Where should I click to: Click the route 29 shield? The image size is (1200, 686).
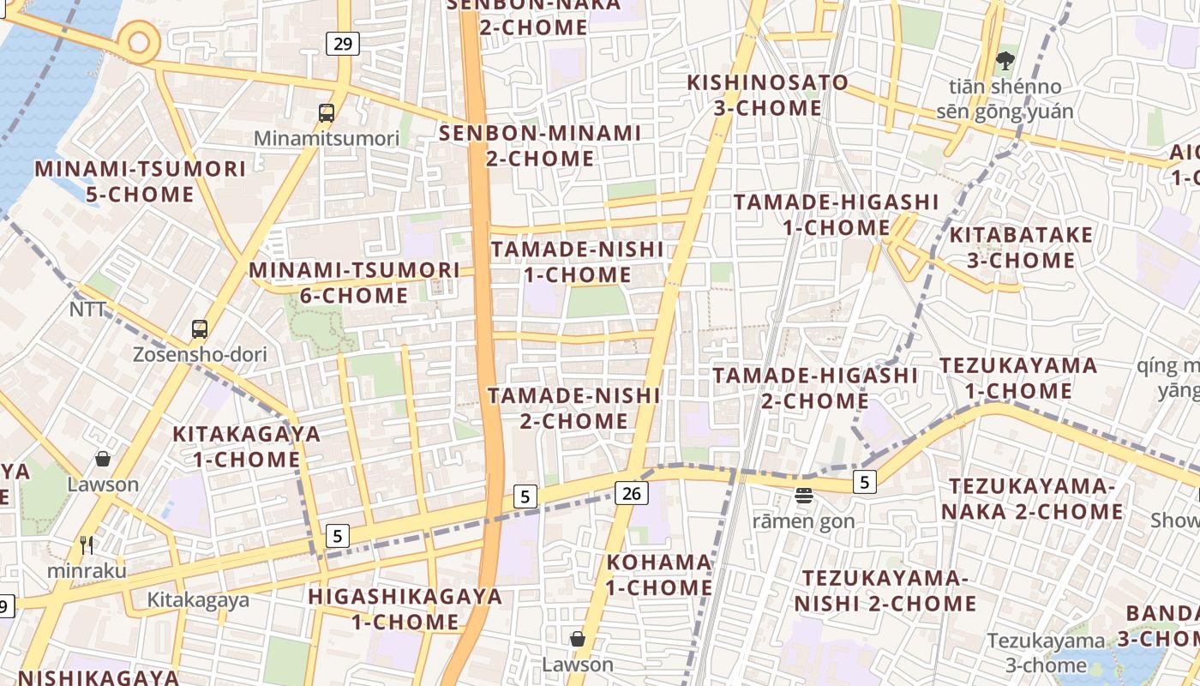click(x=342, y=43)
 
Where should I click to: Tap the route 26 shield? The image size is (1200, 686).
click(x=631, y=493)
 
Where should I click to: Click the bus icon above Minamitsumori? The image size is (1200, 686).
click(x=327, y=112)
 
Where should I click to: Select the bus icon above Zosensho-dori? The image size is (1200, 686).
click(x=200, y=328)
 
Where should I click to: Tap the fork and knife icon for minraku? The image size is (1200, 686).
click(x=87, y=545)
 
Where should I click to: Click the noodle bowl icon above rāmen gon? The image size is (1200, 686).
click(x=803, y=495)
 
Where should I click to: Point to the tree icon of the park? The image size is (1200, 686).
click(x=1005, y=61)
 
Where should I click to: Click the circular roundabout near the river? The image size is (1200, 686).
click(x=139, y=41)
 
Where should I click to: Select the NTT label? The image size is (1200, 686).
click(x=88, y=310)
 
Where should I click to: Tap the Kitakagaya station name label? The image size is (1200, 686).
click(x=198, y=599)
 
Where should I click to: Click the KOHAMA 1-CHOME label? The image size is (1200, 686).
click(x=659, y=575)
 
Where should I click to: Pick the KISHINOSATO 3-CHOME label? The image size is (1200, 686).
click(x=768, y=95)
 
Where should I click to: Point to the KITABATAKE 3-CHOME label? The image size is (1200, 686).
click(x=1021, y=247)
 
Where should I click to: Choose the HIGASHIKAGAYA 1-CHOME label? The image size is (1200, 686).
click(x=405, y=608)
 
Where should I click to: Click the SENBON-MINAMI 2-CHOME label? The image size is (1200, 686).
click(x=540, y=146)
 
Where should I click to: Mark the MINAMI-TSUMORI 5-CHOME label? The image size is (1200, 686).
click(x=140, y=181)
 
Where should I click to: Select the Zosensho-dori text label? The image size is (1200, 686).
click(x=200, y=354)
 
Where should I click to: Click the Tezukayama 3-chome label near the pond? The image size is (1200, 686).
click(x=1046, y=652)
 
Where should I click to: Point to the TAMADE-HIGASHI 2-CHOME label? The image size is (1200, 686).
click(x=814, y=388)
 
